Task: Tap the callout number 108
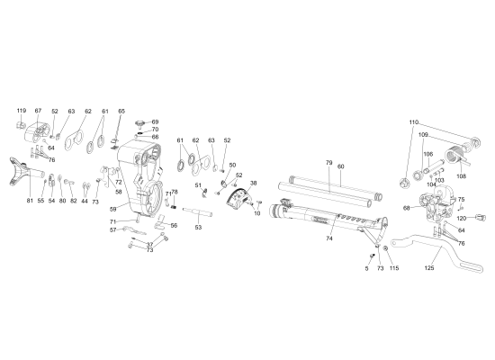[462, 177]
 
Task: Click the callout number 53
[198, 229]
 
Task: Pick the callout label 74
[329, 239]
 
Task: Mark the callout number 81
[30, 200]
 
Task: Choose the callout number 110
[414, 121]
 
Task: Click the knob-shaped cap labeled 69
[140, 122]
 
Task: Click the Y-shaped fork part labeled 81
[21, 170]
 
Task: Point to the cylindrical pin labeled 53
[201, 214]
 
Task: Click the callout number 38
[253, 183]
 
